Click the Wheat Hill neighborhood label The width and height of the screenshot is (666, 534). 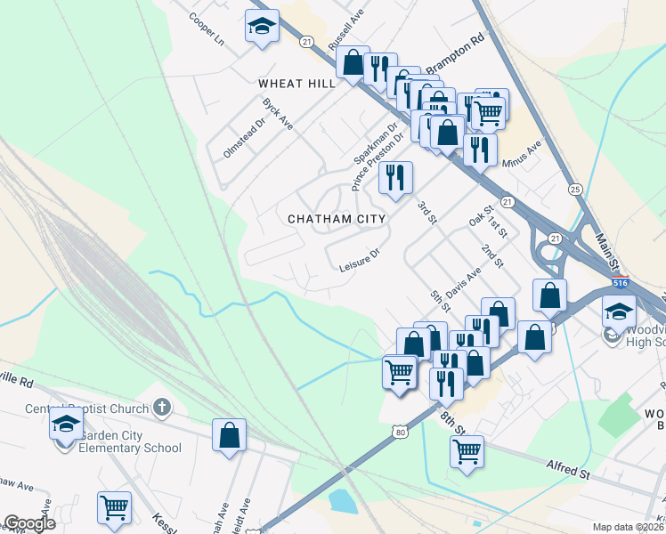[296, 83]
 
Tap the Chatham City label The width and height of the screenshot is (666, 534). [337, 218]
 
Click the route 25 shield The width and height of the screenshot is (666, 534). [575, 189]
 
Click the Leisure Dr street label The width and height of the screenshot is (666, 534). [359, 260]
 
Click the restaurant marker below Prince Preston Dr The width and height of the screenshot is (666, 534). [394, 176]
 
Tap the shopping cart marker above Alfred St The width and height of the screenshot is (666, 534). [466, 450]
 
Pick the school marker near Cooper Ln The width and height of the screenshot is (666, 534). [262, 25]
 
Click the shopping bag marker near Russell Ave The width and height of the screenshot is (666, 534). [353, 62]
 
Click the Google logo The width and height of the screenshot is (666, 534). [29, 523]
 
